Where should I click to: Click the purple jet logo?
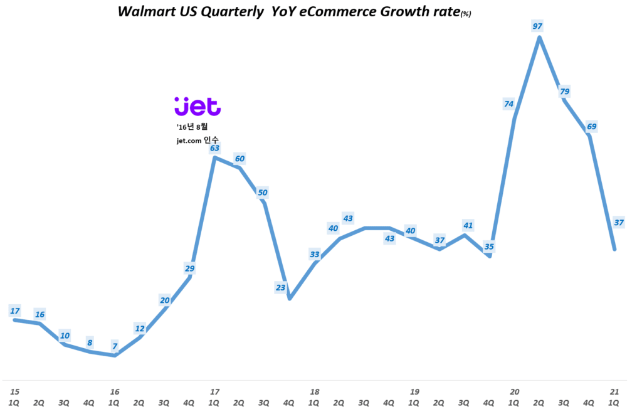click(x=197, y=107)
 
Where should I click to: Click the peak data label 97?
click(x=538, y=26)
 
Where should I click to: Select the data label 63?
click(x=214, y=148)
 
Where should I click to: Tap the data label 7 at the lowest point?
click(x=115, y=346)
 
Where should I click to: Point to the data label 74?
click(x=508, y=104)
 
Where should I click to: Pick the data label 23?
click(x=280, y=288)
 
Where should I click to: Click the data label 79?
click(x=564, y=92)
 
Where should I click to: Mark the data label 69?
click(x=591, y=127)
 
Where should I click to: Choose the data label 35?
click(x=489, y=246)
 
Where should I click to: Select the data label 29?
click(x=190, y=268)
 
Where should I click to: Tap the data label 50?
click(x=263, y=193)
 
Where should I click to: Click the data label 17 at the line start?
click(x=15, y=310)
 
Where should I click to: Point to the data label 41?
click(x=468, y=225)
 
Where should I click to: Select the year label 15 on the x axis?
click(x=14, y=391)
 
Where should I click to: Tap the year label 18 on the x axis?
click(x=314, y=391)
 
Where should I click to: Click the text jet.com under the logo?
click(x=189, y=141)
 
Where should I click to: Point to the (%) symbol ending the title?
click(x=465, y=14)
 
